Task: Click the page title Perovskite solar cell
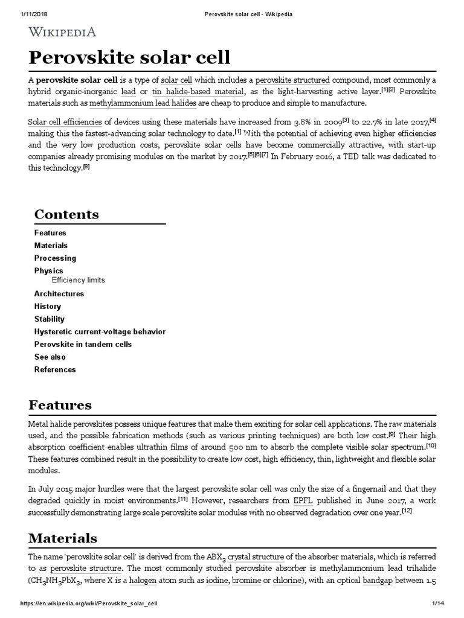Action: (x=129, y=58)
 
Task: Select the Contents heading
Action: (x=66, y=214)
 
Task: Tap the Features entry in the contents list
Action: (x=50, y=233)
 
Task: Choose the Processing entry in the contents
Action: (x=55, y=258)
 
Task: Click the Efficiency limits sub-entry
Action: (x=78, y=280)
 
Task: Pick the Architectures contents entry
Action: (x=59, y=294)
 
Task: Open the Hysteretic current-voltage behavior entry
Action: (x=100, y=332)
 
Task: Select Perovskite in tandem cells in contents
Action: (x=83, y=345)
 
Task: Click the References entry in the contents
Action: (x=55, y=370)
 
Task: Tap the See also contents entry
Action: (x=50, y=357)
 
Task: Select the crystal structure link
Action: (x=256, y=556)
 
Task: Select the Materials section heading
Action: (x=63, y=537)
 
